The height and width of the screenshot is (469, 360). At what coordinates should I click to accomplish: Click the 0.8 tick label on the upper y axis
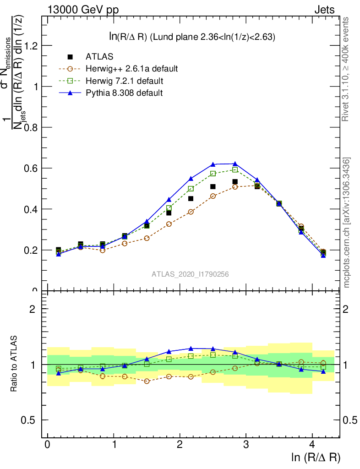coord(31,127)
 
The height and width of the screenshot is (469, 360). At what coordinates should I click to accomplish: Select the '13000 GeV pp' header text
coord(83,10)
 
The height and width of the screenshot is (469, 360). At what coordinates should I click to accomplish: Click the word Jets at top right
coord(324,10)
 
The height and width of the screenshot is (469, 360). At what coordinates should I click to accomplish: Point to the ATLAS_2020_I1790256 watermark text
coord(191,274)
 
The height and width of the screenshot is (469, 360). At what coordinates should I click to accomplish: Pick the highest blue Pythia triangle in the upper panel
coord(235,164)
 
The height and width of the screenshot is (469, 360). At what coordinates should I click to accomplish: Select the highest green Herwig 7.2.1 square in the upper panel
coord(235,169)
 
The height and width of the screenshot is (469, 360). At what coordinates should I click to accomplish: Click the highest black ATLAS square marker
coord(235,182)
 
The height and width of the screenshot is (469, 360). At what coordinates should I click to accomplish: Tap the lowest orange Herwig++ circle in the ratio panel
coord(147,381)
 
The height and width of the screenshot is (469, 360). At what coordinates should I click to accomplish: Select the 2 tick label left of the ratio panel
coord(32,309)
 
